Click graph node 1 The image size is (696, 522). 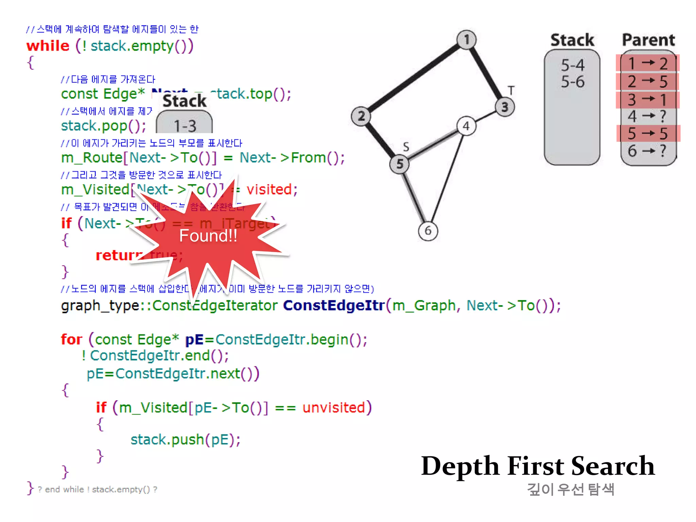pos(466,40)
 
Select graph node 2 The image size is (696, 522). pos(361,116)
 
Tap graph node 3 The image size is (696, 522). pos(505,107)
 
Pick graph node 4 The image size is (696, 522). pos(466,126)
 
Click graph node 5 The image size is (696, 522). pos(399,164)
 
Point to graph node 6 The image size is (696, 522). pos(428,231)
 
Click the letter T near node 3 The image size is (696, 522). pos(511,90)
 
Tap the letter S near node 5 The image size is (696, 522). pos(406,147)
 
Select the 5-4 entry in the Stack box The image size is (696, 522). pos(573,65)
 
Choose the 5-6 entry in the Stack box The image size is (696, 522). pos(573,82)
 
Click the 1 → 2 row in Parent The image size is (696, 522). pos(648,64)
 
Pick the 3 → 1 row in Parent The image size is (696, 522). pos(648,100)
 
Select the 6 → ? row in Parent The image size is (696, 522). pos(648,151)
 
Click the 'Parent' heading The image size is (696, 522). pos(648,40)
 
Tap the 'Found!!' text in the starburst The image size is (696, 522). pos(208,236)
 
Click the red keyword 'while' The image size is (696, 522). pos(48,46)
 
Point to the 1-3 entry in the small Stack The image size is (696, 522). pos(185,126)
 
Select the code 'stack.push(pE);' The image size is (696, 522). pos(186,439)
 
